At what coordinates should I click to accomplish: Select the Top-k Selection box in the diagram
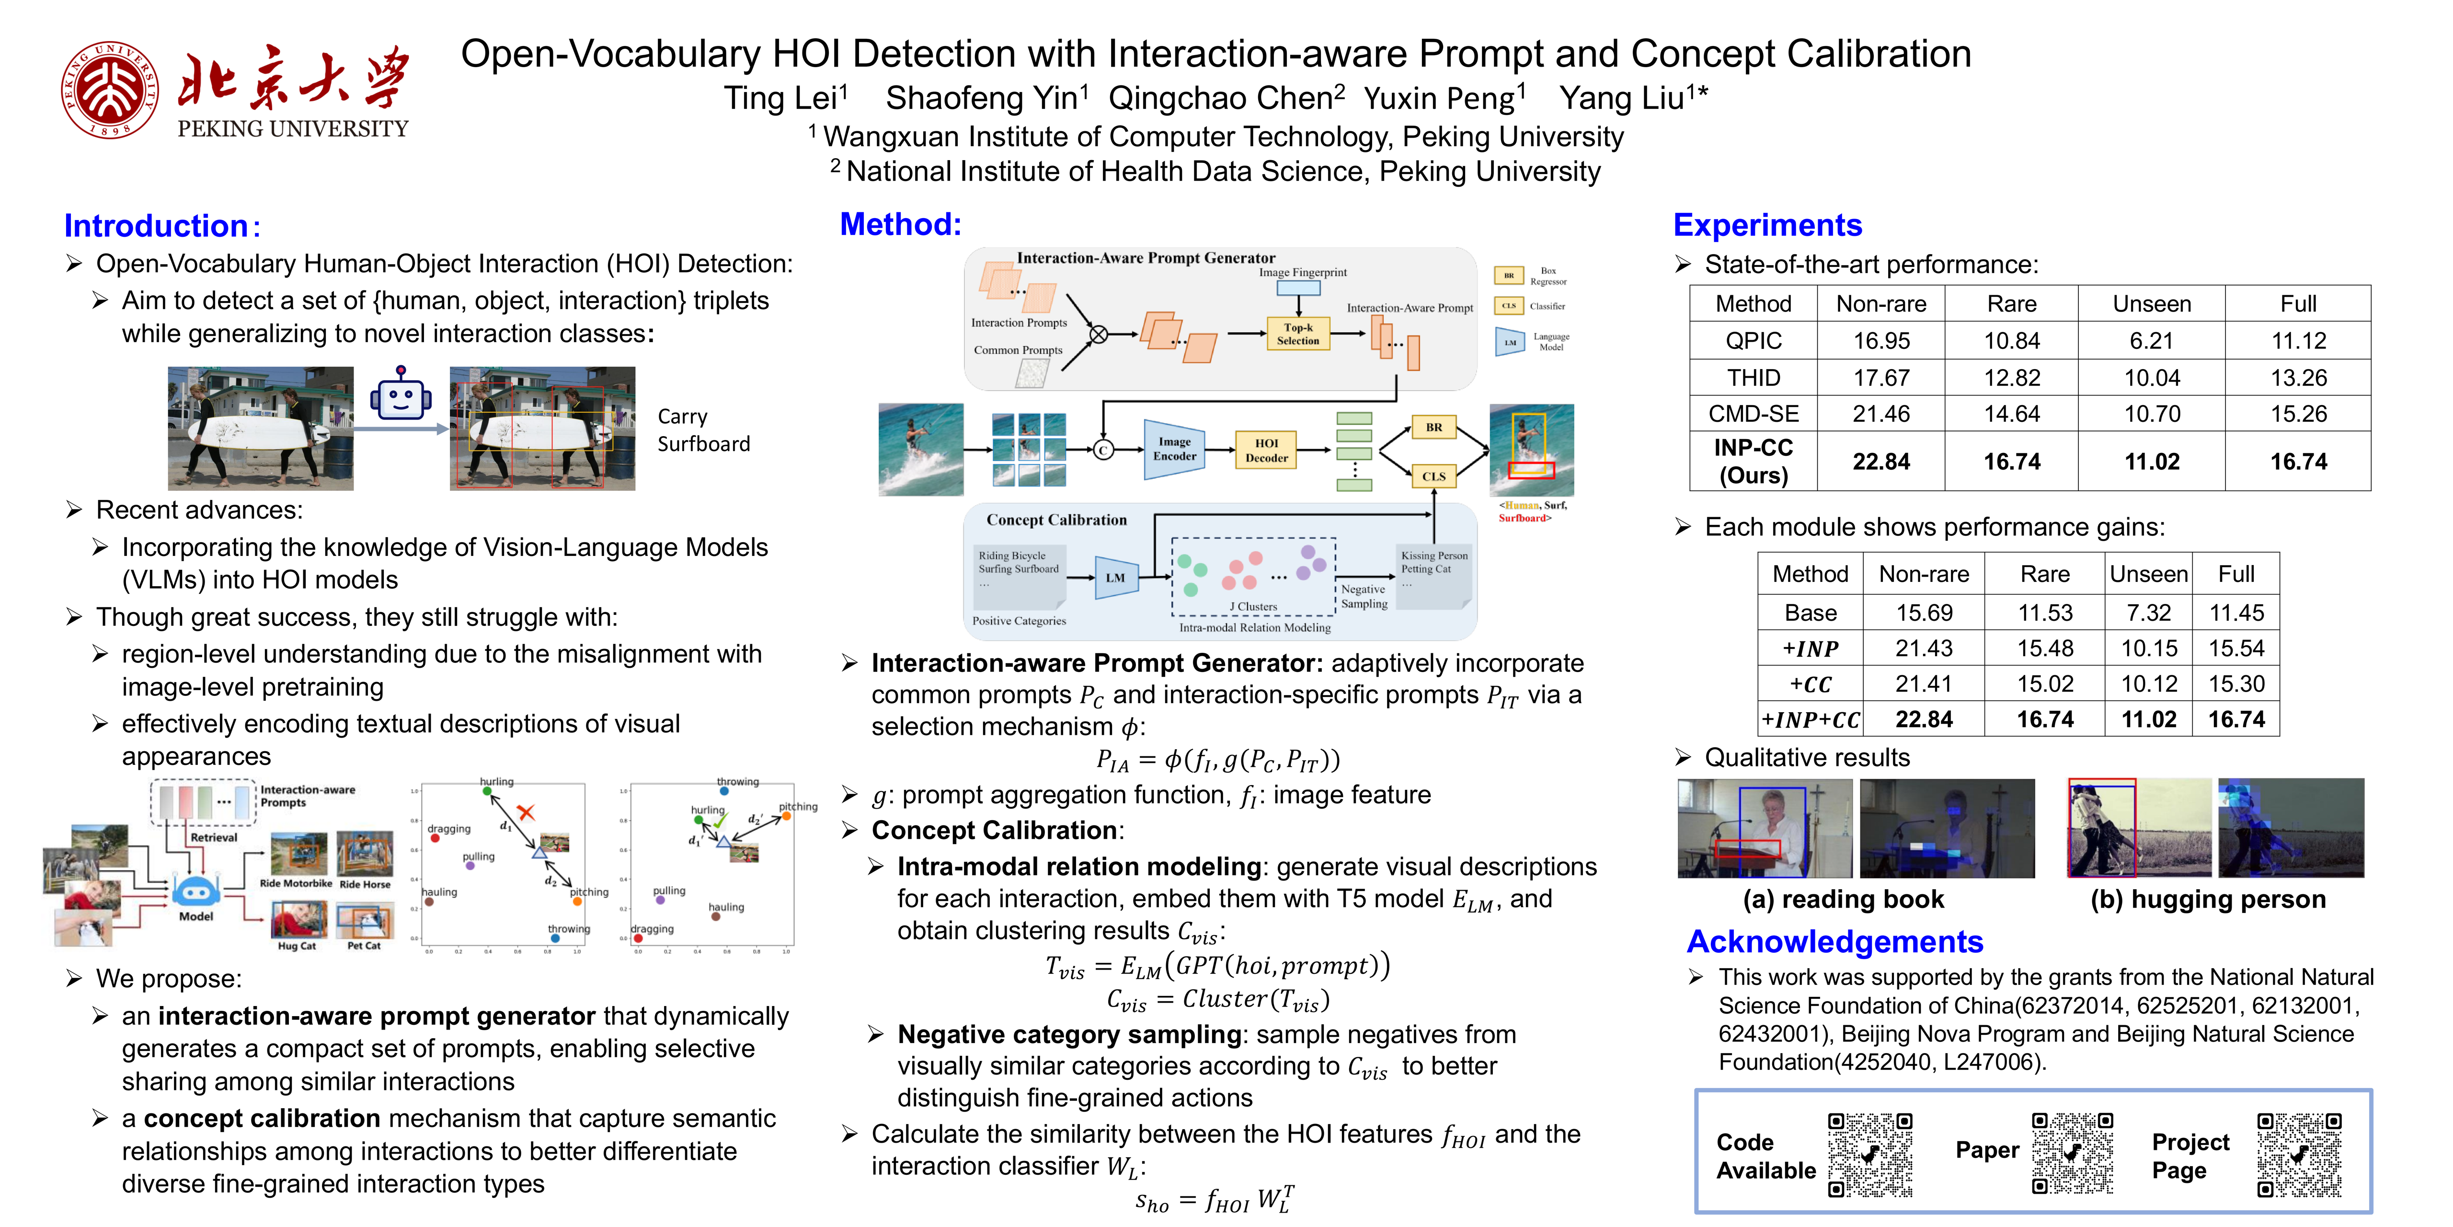[1298, 334]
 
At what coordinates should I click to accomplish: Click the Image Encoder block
[1174, 449]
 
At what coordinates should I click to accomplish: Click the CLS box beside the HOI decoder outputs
[1433, 476]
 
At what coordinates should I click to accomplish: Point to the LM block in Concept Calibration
[1115, 577]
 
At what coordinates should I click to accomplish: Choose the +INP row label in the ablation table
[1810, 649]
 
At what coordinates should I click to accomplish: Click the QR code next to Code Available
[1869, 1154]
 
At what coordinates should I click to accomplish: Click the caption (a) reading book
[1843, 899]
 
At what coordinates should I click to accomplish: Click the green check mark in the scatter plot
[720, 819]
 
